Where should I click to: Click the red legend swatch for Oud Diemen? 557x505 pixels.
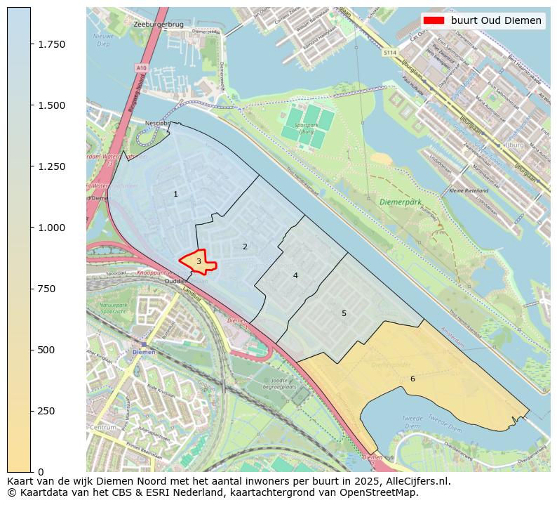[x=435, y=20]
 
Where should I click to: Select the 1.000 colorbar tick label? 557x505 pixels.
[x=52, y=228]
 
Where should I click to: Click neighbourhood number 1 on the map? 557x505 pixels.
[x=175, y=194]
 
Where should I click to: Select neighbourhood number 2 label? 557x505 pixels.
[x=245, y=247]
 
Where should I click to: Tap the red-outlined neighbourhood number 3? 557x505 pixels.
[x=199, y=261]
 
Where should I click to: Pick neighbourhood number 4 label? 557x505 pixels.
[x=295, y=275]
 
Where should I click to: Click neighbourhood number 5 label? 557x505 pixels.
[x=344, y=313]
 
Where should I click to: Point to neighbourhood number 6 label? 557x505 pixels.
[x=412, y=379]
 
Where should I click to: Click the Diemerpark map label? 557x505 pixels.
[x=401, y=202]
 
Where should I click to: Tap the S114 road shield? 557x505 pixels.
[x=391, y=52]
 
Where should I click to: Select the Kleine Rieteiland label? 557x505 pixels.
[x=469, y=190]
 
